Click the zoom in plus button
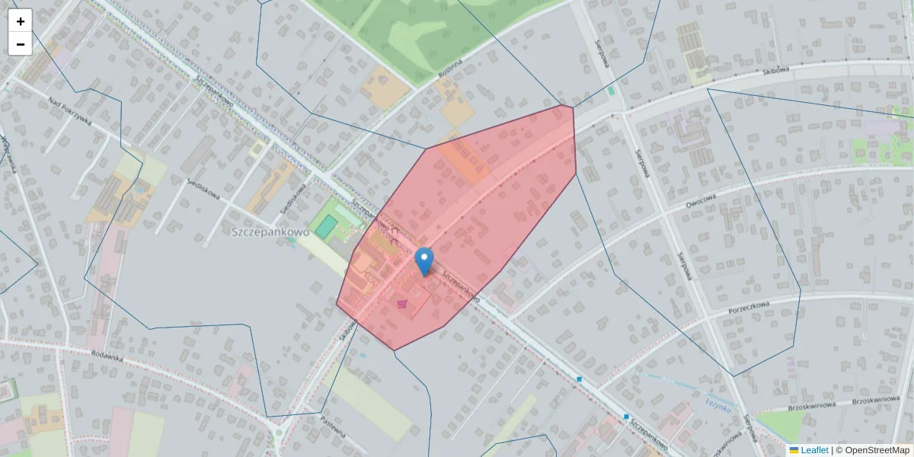pos(21,21)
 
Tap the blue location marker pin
pos(423,261)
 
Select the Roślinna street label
pos(450,70)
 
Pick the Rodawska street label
pos(107,356)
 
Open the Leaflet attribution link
pos(814,450)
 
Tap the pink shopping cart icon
pos(401,304)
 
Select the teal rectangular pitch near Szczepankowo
pos(327,226)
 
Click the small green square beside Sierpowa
pos(611,91)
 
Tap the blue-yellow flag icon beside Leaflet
pos(794,450)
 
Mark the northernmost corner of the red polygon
pos(572,106)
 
